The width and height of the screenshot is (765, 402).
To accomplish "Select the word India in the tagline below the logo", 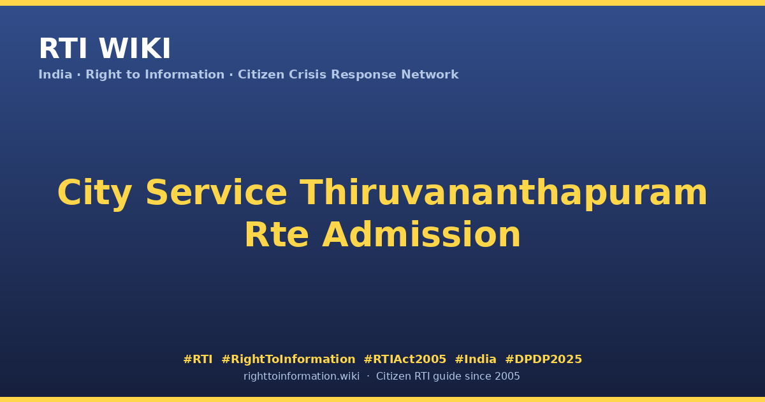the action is tap(55, 75).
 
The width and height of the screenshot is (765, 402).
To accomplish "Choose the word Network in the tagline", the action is tap(430, 75).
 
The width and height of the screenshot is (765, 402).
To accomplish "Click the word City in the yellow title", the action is tap(94, 193).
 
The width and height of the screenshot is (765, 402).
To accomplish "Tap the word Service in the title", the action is tap(216, 193).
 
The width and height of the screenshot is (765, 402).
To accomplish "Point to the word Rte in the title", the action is tap(277, 235).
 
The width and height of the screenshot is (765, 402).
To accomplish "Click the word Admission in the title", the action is tap(421, 234).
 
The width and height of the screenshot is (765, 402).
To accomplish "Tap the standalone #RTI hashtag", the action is tap(198, 359).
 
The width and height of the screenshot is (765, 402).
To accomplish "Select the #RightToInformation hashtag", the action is tap(289, 359).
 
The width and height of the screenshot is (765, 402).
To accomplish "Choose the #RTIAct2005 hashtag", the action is tap(405, 359).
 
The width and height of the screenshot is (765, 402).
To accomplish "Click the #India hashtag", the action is tap(476, 359).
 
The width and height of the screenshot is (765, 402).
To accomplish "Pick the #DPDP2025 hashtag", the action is tap(543, 359).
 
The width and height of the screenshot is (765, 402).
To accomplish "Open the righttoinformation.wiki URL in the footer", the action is tap(302, 376).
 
